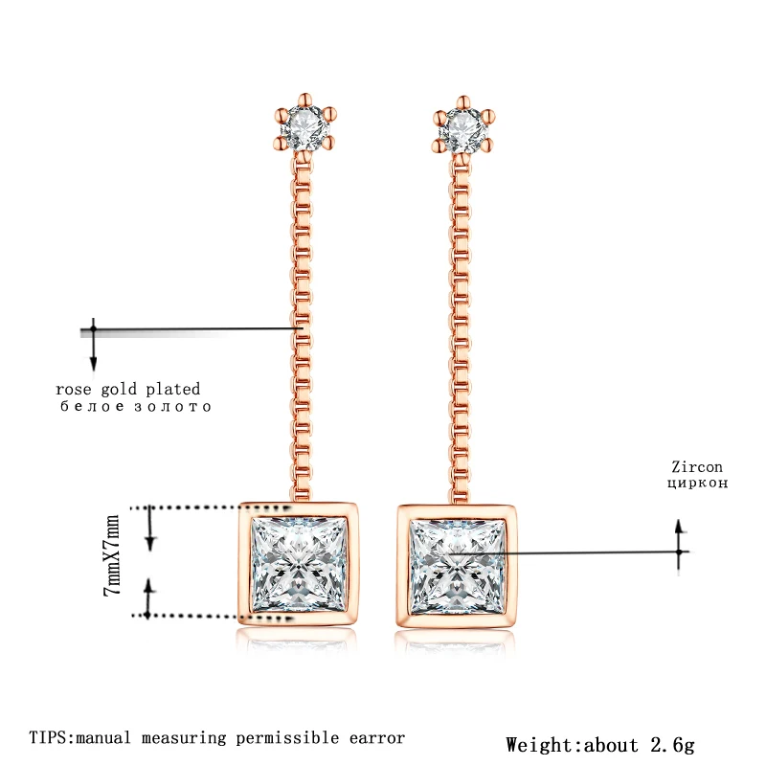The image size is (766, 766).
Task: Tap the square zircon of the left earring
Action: [x=299, y=565]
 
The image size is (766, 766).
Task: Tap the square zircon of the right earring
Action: [x=458, y=567]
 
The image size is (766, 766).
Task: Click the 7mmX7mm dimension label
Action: [x=112, y=555]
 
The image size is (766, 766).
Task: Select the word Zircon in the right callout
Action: [x=697, y=467]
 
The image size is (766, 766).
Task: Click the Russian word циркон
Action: [x=698, y=484]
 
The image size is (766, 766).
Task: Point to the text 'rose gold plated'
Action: [x=128, y=390]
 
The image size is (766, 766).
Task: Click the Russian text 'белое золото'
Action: [x=136, y=406]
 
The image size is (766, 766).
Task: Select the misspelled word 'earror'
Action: [x=377, y=737]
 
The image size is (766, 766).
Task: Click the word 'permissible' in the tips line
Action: [x=287, y=738]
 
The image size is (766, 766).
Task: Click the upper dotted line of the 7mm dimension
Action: [x=210, y=508]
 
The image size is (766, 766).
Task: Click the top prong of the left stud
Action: [x=304, y=100]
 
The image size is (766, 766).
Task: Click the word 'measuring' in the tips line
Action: [x=184, y=738]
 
